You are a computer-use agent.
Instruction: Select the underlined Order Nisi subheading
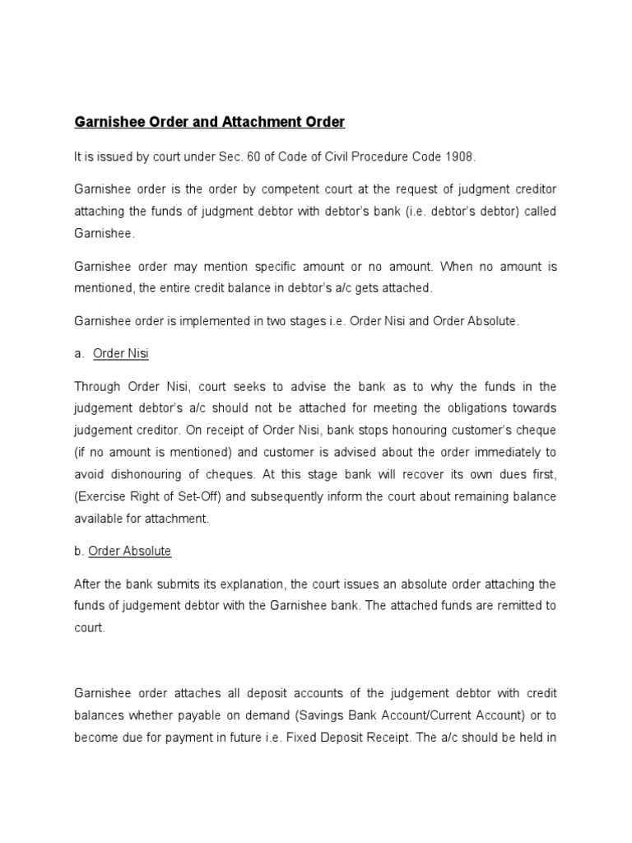(x=121, y=353)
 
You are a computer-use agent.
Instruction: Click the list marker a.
(x=79, y=353)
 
